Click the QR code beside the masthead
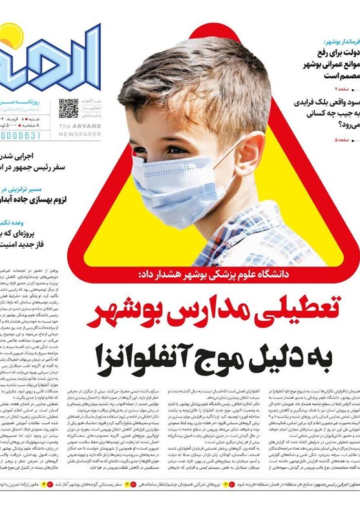(69, 108)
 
